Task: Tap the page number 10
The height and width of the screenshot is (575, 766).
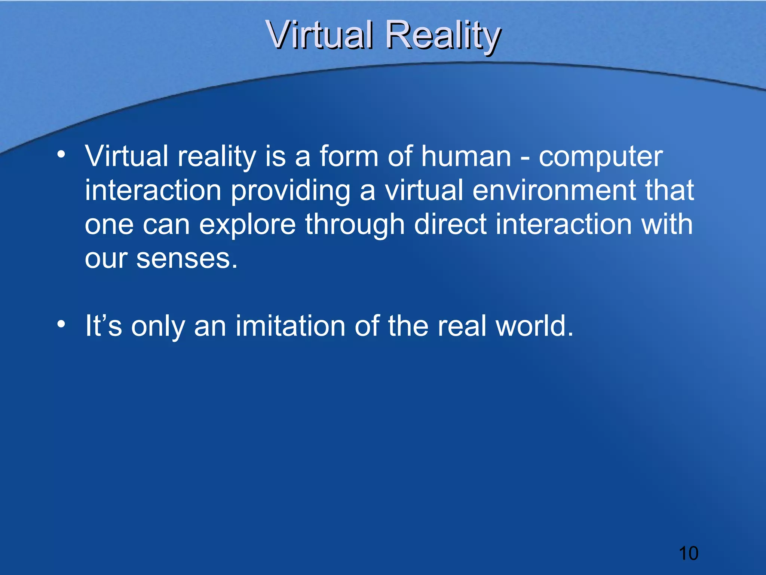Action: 688,553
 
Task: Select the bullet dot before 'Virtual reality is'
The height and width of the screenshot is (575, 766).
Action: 61,154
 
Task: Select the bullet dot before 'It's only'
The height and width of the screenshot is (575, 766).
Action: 61,324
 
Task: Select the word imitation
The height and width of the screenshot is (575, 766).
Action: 290,326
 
